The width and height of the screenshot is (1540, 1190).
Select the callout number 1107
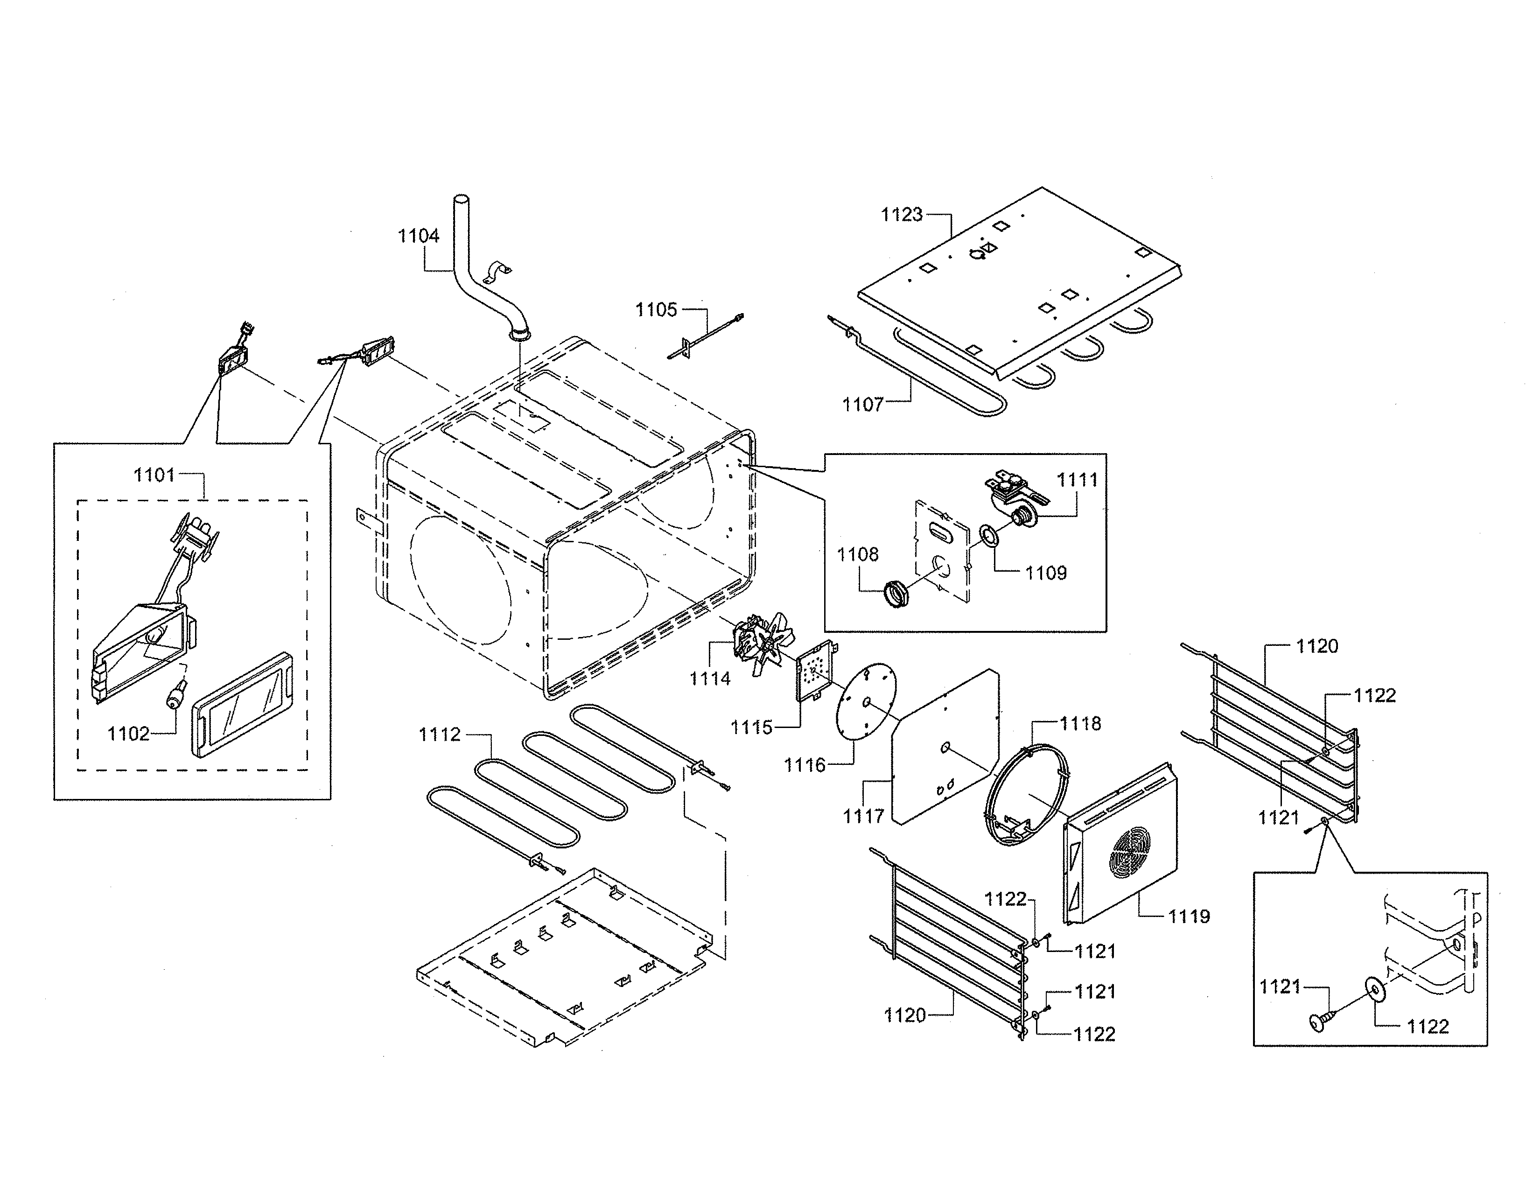pyautogui.click(x=862, y=405)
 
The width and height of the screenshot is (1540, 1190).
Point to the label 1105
pyautogui.click(x=656, y=310)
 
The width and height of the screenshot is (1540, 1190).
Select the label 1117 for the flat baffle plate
pyautogui.click(x=863, y=816)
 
